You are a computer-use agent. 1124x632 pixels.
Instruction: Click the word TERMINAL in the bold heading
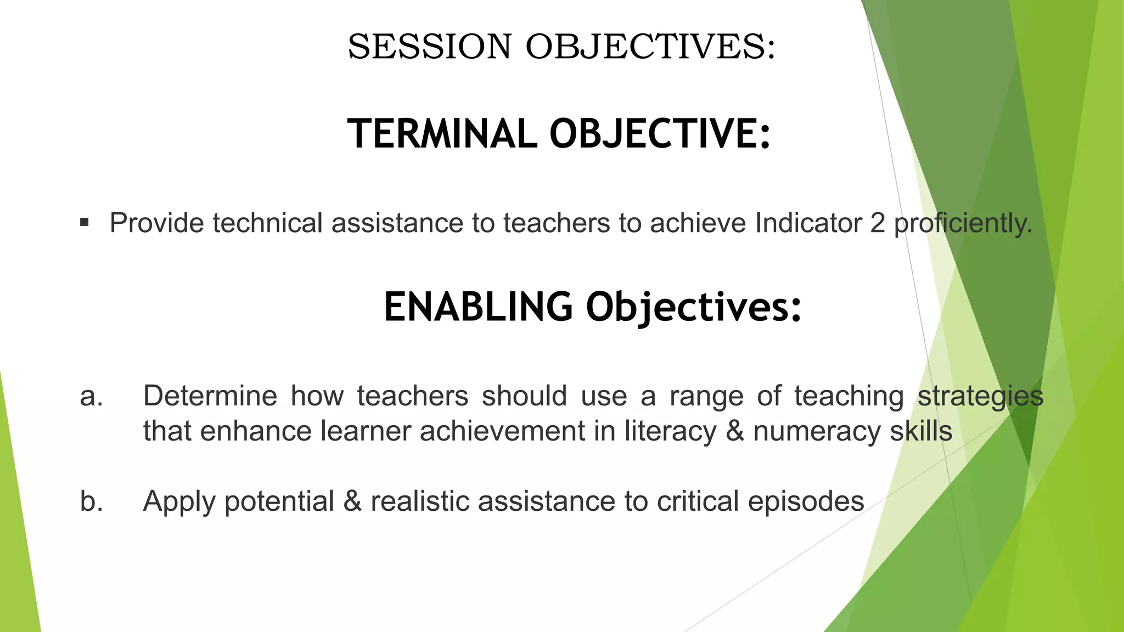tap(442, 134)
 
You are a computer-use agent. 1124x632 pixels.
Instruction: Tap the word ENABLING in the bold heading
tap(478, 307)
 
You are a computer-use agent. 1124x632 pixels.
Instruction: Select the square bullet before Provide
tap(84, 223)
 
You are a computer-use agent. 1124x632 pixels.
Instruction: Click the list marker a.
tap(91, 396)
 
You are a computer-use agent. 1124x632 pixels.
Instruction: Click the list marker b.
tap(91, 501)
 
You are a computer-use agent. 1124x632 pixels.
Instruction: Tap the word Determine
tap(210, 396)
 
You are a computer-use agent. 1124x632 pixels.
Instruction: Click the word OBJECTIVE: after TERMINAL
tap(660, 134)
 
